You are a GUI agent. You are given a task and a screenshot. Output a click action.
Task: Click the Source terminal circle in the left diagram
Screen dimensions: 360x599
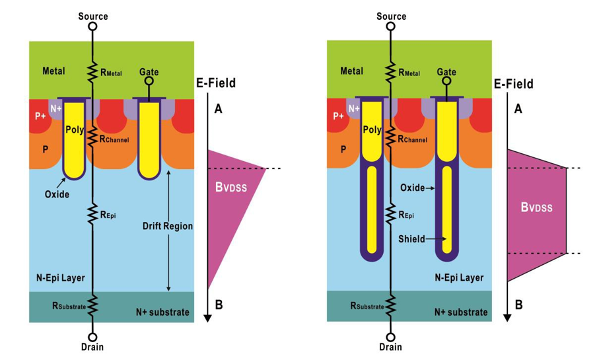93,27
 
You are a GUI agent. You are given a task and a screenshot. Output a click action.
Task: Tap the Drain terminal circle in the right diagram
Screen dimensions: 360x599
391,336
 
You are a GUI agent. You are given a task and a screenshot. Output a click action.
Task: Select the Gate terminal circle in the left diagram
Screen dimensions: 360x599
149,82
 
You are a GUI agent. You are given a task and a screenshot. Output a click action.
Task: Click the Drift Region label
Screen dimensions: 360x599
168,226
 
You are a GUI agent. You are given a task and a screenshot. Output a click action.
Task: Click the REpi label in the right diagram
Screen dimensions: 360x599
409,214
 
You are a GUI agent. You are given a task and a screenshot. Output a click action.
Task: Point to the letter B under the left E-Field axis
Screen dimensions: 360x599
219,305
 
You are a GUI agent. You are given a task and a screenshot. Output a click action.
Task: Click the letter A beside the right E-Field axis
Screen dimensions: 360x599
518,109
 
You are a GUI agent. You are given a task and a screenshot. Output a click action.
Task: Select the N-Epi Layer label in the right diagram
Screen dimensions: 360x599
458,278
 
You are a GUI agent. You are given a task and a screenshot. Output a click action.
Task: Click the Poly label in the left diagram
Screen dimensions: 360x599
75,130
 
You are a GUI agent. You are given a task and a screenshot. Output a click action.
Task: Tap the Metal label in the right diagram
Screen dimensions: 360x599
352,71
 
